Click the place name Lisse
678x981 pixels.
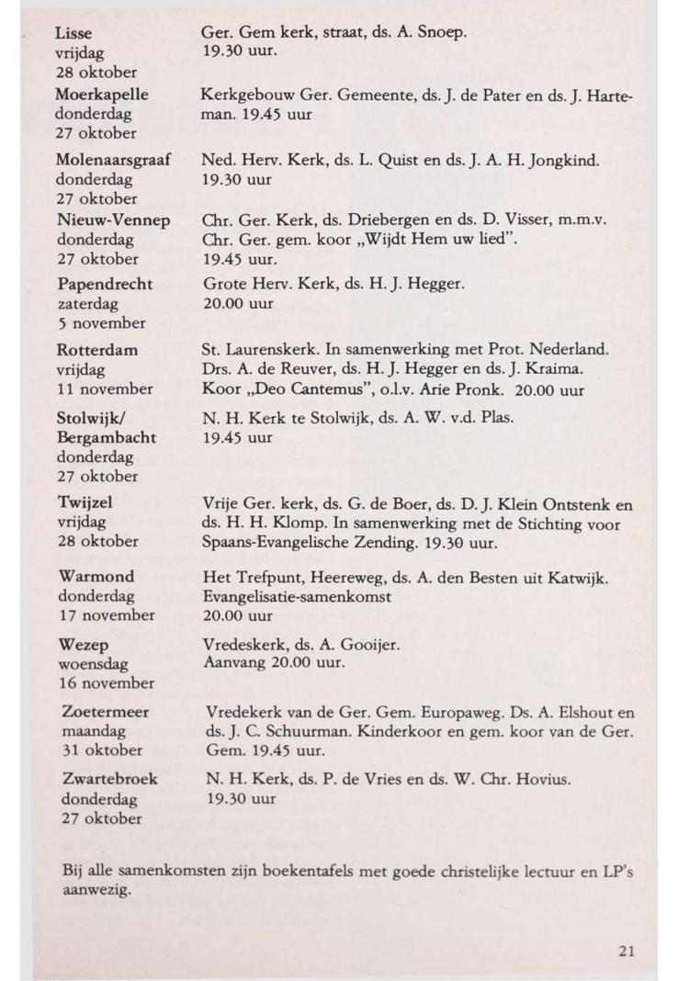(x=73, y=33)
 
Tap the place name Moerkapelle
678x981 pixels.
(x=101, y=95)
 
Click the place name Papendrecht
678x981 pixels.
(x=104, y=284)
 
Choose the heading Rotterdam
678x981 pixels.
(x=96, y=350)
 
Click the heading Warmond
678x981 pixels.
(x=96, y=576)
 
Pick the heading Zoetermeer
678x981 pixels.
(x=105, y=711)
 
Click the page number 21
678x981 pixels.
(x=626, y=951)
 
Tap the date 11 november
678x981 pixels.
(x=105, y=389)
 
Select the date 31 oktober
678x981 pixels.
(x=99, y=750)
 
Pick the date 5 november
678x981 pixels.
(x=100, y=322)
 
